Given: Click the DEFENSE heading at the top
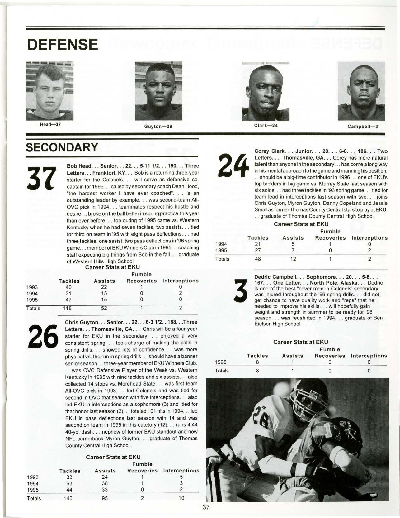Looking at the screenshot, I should coord(62,44).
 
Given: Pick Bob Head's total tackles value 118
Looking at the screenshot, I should coord(68,308).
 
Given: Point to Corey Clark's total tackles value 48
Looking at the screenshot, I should coord(258,259).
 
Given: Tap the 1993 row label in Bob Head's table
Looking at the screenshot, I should coord(33,287).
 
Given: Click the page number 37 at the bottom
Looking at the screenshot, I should coord(206,507).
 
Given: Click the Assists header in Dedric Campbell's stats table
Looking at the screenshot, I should coord(293,356).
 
